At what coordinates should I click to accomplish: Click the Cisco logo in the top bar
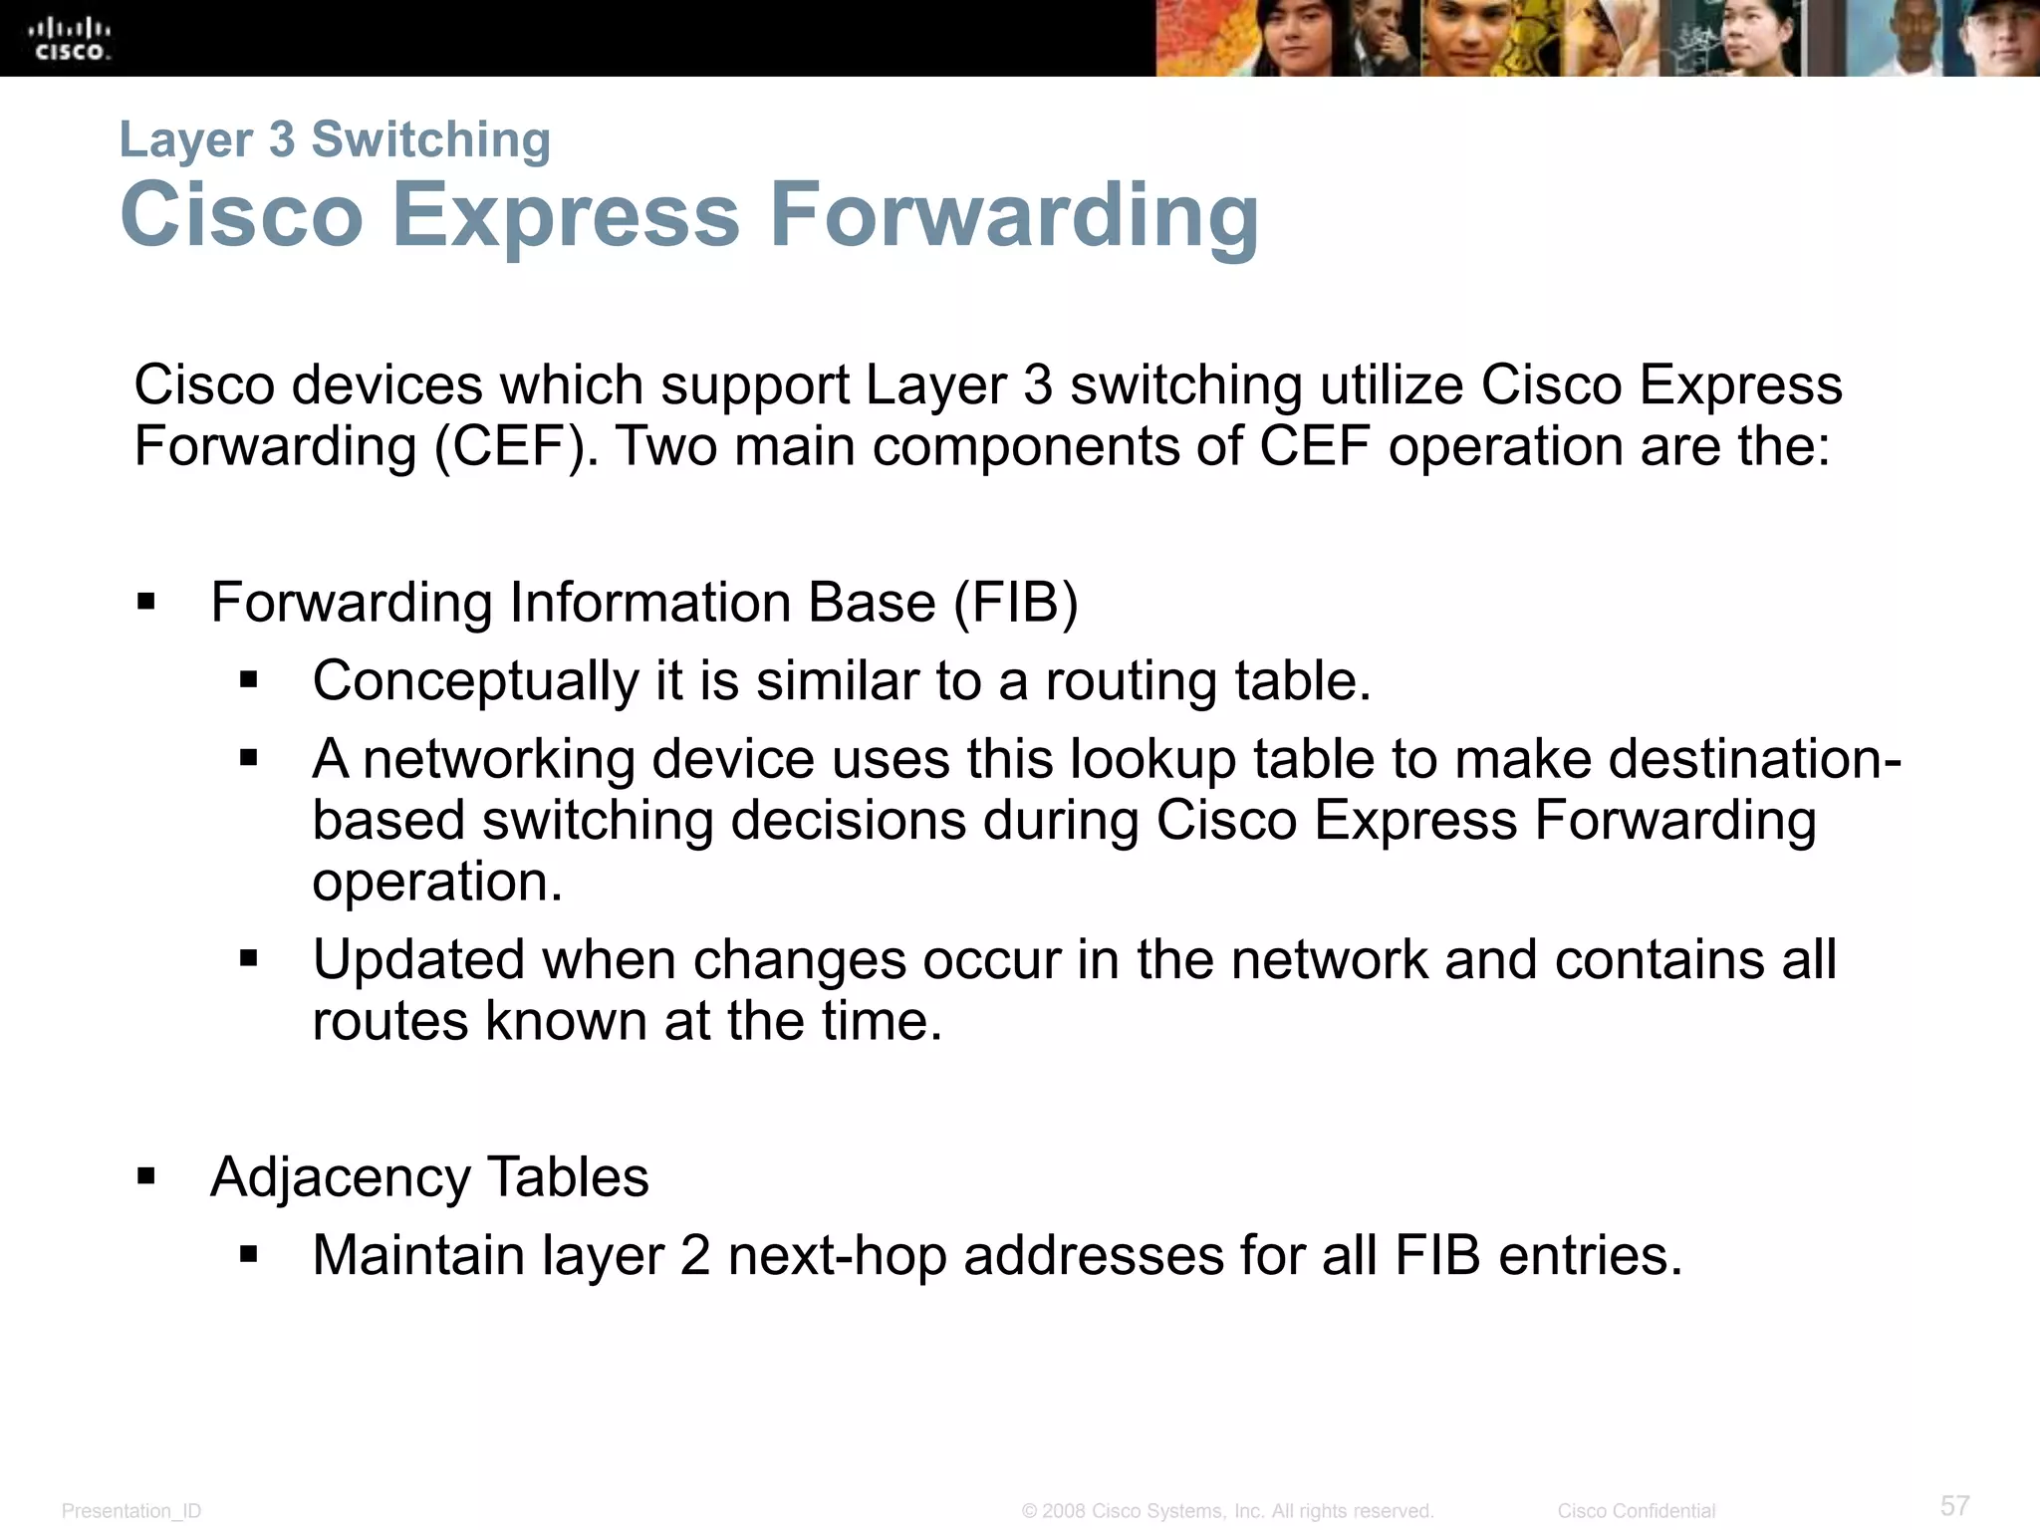[x=70, y=39]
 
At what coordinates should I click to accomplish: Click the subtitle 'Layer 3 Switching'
[x=335, y=139]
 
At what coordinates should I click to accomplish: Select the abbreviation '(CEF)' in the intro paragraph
[x=516, y=445]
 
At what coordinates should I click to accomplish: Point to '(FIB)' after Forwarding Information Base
[x=1016, y=603]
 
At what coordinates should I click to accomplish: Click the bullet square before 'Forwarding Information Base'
[x=147, y=603]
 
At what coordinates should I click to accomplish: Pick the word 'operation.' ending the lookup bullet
[x=437, y=882]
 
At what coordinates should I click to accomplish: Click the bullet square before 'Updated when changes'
[x=249, y=959]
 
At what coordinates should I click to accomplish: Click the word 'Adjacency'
[x=340, y=1177]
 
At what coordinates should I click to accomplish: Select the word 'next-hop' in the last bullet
[x=837, y=1255]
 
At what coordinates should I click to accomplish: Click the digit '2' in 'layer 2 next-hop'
[x=695, y=1255]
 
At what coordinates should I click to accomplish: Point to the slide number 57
[x=1954, y=1505]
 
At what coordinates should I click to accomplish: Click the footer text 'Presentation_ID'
[x=131, y=1511]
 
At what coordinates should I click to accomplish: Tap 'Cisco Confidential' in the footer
[x=1636, y=1511]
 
